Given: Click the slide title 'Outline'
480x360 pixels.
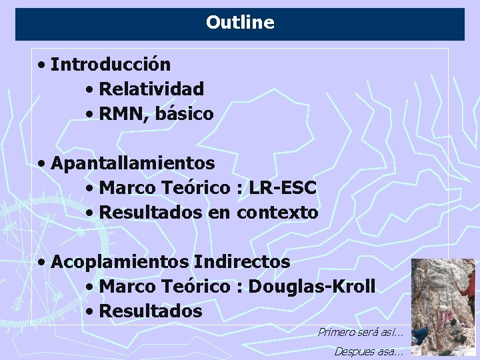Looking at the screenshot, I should (240, 23).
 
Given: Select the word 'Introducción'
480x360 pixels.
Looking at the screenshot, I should (111, 65).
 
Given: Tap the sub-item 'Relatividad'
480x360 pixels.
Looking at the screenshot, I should (151, 89).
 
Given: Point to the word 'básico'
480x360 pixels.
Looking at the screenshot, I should (185, 114).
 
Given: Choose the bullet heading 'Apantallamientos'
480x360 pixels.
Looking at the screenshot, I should (133, 163).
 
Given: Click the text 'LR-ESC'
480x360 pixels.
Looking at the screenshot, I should (282, 188).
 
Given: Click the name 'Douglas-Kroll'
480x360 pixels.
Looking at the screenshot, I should (311, 287).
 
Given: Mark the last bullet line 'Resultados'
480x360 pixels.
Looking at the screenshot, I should (150, 311).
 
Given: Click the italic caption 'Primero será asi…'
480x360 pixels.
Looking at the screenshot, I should (360, 332).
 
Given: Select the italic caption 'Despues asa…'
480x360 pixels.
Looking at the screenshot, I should (369, 351).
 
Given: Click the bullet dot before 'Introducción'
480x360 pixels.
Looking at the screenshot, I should (42, 65).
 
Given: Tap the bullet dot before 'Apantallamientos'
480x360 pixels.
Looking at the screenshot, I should (42, 163).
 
